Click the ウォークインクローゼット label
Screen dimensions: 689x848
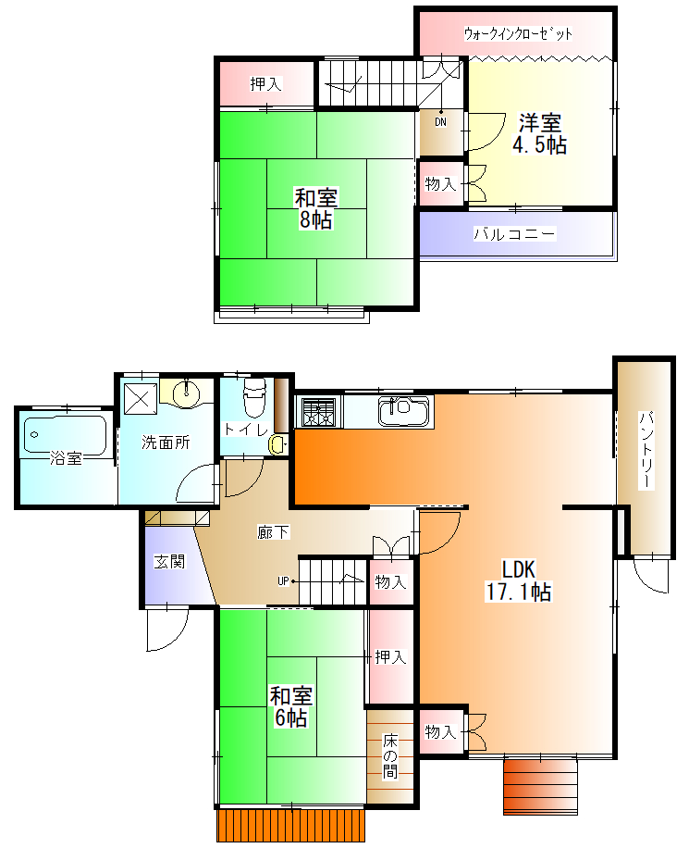518,34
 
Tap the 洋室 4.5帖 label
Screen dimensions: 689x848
539,133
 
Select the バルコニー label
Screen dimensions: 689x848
514,234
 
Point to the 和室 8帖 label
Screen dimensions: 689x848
316,208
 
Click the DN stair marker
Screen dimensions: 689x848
441,122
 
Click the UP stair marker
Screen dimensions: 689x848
284,581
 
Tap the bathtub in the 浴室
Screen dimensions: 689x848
65,435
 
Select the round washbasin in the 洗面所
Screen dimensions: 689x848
187,392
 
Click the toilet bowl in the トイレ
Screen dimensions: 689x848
254,396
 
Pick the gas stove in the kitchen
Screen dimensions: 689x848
319,412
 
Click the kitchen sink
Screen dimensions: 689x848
404,412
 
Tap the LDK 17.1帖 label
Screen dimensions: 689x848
518,580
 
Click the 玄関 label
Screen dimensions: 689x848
169,561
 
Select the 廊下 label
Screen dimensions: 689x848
274,532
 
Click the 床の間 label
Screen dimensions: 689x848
390,755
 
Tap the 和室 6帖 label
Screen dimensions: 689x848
291,706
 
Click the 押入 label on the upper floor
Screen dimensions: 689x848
265,84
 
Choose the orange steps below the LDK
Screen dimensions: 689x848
540,787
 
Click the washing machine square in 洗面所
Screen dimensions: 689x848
141,399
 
